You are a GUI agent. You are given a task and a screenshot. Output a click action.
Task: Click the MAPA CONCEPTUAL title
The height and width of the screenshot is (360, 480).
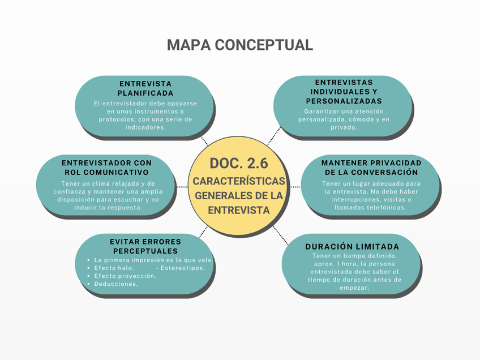pos(239,45)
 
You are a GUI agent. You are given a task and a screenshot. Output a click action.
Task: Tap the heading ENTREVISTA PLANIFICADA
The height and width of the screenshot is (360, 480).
pos(145,88)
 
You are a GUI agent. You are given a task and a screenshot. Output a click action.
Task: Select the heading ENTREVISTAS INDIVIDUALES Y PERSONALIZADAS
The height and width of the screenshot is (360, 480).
pos(344,91)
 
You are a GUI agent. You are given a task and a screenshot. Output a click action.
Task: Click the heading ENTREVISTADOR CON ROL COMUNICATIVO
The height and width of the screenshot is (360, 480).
pos(106,167)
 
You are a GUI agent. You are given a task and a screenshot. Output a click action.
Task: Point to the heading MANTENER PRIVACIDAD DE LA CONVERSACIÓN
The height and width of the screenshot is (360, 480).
pos(371,167)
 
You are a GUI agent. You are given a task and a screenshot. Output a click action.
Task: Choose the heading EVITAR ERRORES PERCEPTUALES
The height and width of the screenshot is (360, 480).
pos(145,246)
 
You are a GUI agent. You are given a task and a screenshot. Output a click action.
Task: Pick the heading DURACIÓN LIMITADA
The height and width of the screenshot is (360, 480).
pos(352,247)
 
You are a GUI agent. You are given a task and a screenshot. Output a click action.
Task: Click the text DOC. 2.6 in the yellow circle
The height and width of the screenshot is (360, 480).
pos(239,163)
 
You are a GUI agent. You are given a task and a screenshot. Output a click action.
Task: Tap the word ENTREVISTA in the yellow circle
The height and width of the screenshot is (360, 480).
pos(239,210)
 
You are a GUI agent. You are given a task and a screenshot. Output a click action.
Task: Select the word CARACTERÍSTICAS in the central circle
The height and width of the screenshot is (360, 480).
pos(239,181)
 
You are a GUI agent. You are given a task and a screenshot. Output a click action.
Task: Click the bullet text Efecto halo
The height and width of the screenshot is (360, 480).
pos(114,268)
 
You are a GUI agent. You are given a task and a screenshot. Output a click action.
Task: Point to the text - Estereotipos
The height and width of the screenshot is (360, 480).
pos(180,268)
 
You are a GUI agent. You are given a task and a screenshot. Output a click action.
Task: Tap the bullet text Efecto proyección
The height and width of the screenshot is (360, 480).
pos(125,276)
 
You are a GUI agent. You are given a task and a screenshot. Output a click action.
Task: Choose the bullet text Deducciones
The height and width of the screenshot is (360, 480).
pos(115,284)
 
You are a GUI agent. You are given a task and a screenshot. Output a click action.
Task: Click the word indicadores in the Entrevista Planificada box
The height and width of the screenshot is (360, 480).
pos(145,127)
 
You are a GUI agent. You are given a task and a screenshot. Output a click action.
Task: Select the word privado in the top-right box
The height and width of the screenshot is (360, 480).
pos(344,127)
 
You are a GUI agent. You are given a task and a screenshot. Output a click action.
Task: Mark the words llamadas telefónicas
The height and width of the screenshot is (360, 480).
pos(370,208)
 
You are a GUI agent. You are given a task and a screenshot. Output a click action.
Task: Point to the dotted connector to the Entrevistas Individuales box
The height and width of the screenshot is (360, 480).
pos(274,136)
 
